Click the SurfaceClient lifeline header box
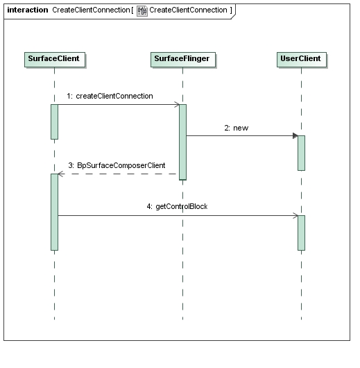[55, 60]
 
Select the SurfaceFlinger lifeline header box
[183, 60]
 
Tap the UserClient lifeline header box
[302, 60]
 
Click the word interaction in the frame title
[28, 10]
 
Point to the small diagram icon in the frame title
[142, 11]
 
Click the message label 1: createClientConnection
[110, 97]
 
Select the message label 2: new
[236, 128]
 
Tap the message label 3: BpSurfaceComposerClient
[117, 165]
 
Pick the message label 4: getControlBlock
[177, 206]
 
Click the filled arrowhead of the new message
[295, 135]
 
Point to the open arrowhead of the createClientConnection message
[177, 105]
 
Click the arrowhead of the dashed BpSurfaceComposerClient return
[61, 174]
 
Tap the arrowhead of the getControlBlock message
[295, 216]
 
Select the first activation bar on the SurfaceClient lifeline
[54, 122]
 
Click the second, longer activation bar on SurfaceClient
[54, 212]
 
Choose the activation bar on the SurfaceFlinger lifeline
[182, 142]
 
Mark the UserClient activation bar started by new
[301, 153]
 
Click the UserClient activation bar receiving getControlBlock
[301, 233]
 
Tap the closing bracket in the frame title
[231, 10]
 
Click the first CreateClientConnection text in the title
[91, 10]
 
